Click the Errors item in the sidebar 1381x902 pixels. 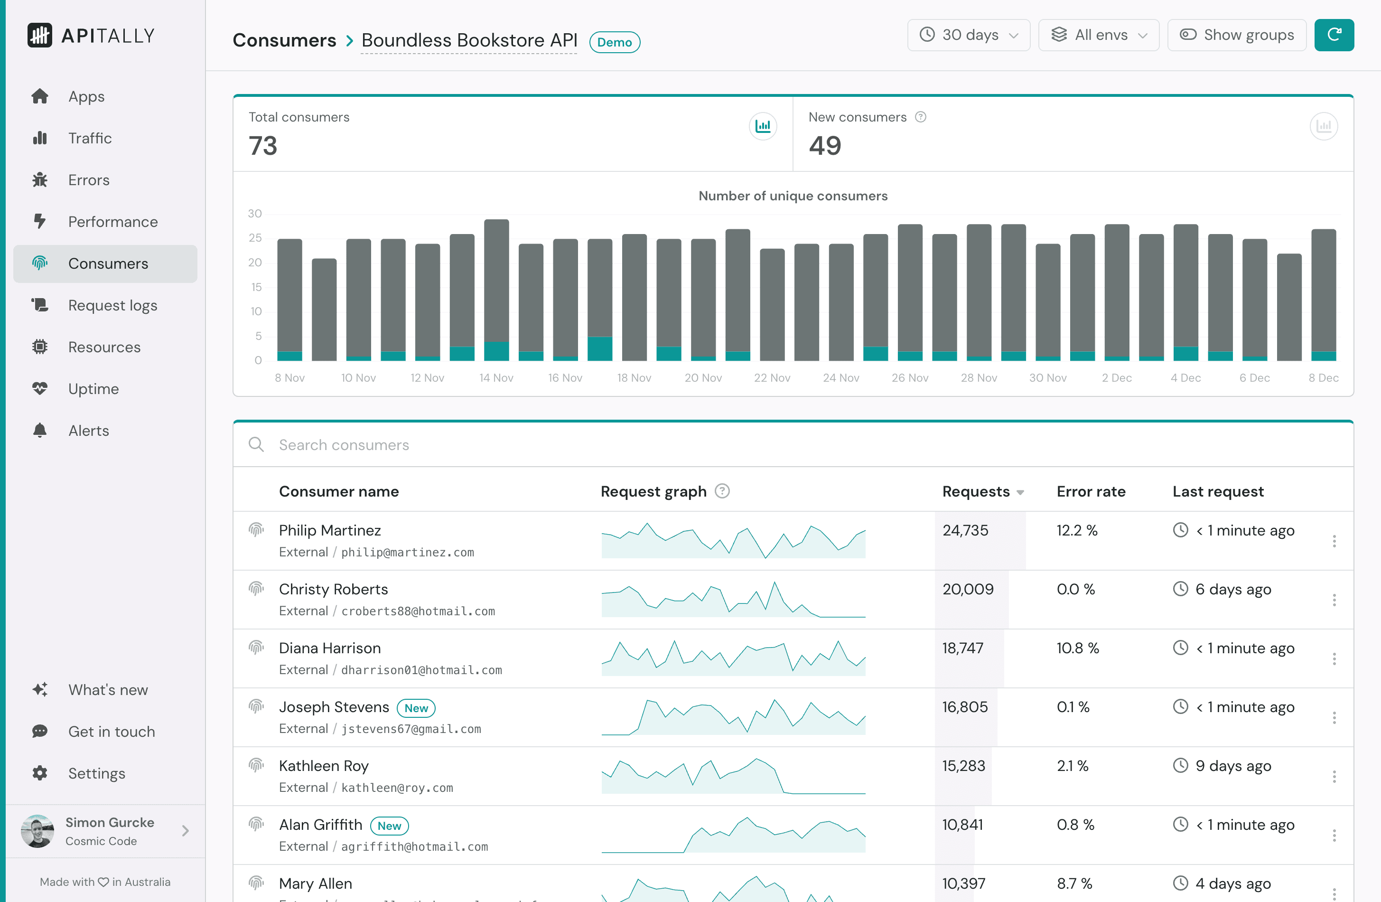pos(88,180)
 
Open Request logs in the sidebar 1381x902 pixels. pos(112,305)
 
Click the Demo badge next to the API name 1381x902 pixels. pos(614,42)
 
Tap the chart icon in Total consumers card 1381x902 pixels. pos(763,126)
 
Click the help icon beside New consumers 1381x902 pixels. pos(920,117)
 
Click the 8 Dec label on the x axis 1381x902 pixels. pos(1323,378)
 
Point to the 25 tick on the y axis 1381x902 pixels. pos(255,238)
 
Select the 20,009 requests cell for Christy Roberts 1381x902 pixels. pos(967,589)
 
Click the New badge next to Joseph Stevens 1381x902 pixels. pos(416,708)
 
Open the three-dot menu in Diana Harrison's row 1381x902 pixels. pos(1334,659)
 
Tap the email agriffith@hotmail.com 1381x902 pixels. pos(414,846)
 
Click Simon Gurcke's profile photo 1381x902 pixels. pos(37,831)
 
